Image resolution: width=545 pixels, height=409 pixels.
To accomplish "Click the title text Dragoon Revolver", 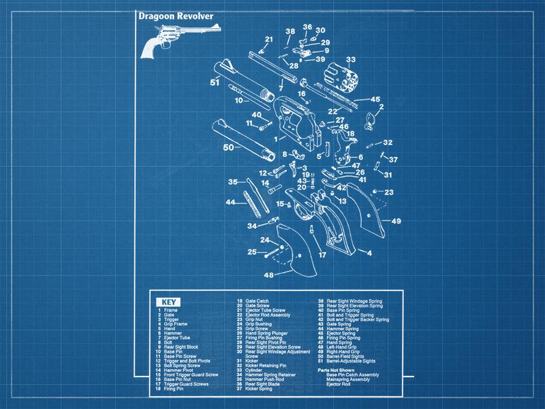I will click(x=176, y=17).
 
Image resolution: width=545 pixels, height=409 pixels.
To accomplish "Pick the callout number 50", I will click(x=229, y=147).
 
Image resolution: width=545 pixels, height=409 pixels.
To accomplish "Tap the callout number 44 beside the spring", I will click(x=230, y=202).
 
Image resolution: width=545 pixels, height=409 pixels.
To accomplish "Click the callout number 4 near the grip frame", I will click(x=369, y=252).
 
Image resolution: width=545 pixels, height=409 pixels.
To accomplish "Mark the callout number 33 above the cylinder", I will click(x=351, y=59).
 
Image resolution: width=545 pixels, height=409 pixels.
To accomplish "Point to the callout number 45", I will click(x=375, y=99).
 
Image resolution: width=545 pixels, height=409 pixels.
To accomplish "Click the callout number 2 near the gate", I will click(x=381, y=107).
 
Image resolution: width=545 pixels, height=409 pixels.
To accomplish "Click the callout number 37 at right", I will click(x=393, y=160).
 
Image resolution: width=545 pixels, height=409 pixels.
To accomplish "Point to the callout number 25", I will click(x=251, y=252).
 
